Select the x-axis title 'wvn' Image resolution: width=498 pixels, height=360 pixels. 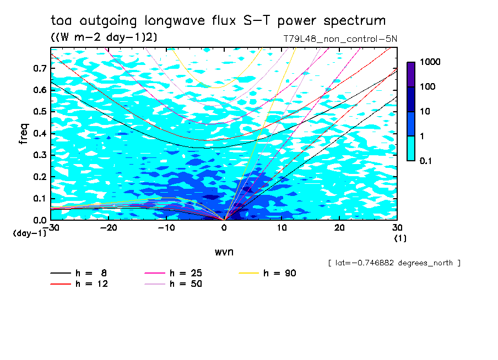click(x=224, y=252)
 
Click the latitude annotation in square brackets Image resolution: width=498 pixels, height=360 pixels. click(x=394, y=263)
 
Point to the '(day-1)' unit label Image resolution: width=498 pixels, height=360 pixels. click(x=30, y=233)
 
